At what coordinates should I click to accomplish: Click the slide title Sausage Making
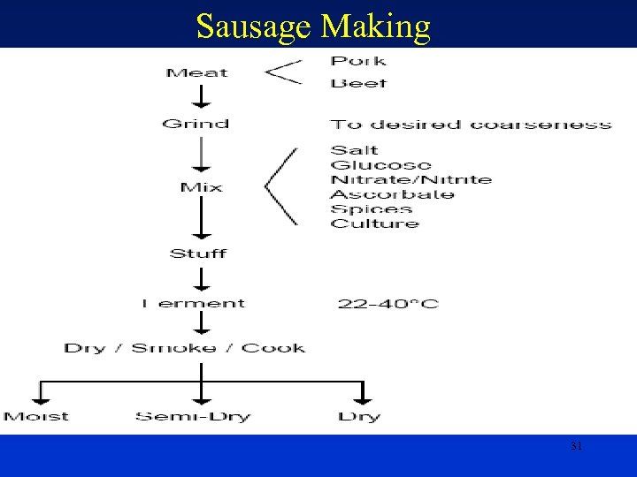click(x=313, y=26)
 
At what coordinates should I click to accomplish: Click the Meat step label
click(x=196, y=72)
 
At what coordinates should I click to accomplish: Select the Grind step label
click(x=196, y=124)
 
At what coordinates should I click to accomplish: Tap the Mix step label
click(x=201, y=187)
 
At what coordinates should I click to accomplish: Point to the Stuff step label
click(x=198, y=254)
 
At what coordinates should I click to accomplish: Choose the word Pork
click(x=358, y=61)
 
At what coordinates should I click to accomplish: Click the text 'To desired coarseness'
click(x=471, y=125)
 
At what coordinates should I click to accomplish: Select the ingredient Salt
click(x=354, y=150)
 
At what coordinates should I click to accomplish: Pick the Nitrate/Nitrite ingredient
click(x=411, y=179)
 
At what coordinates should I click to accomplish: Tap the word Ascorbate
click(x=392, y=194)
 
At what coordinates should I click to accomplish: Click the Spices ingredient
click(x=372, y=209)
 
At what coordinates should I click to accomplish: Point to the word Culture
click(x=374, y=223)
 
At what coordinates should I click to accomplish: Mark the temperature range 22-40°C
click(x=388, y=305)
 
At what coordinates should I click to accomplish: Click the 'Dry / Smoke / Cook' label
click(x=184, y=348)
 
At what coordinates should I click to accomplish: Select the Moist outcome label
click(x=35, y=416)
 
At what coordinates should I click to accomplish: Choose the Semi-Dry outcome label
click(x=193, y=416)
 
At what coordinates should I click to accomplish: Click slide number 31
click(x=576, y=447)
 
